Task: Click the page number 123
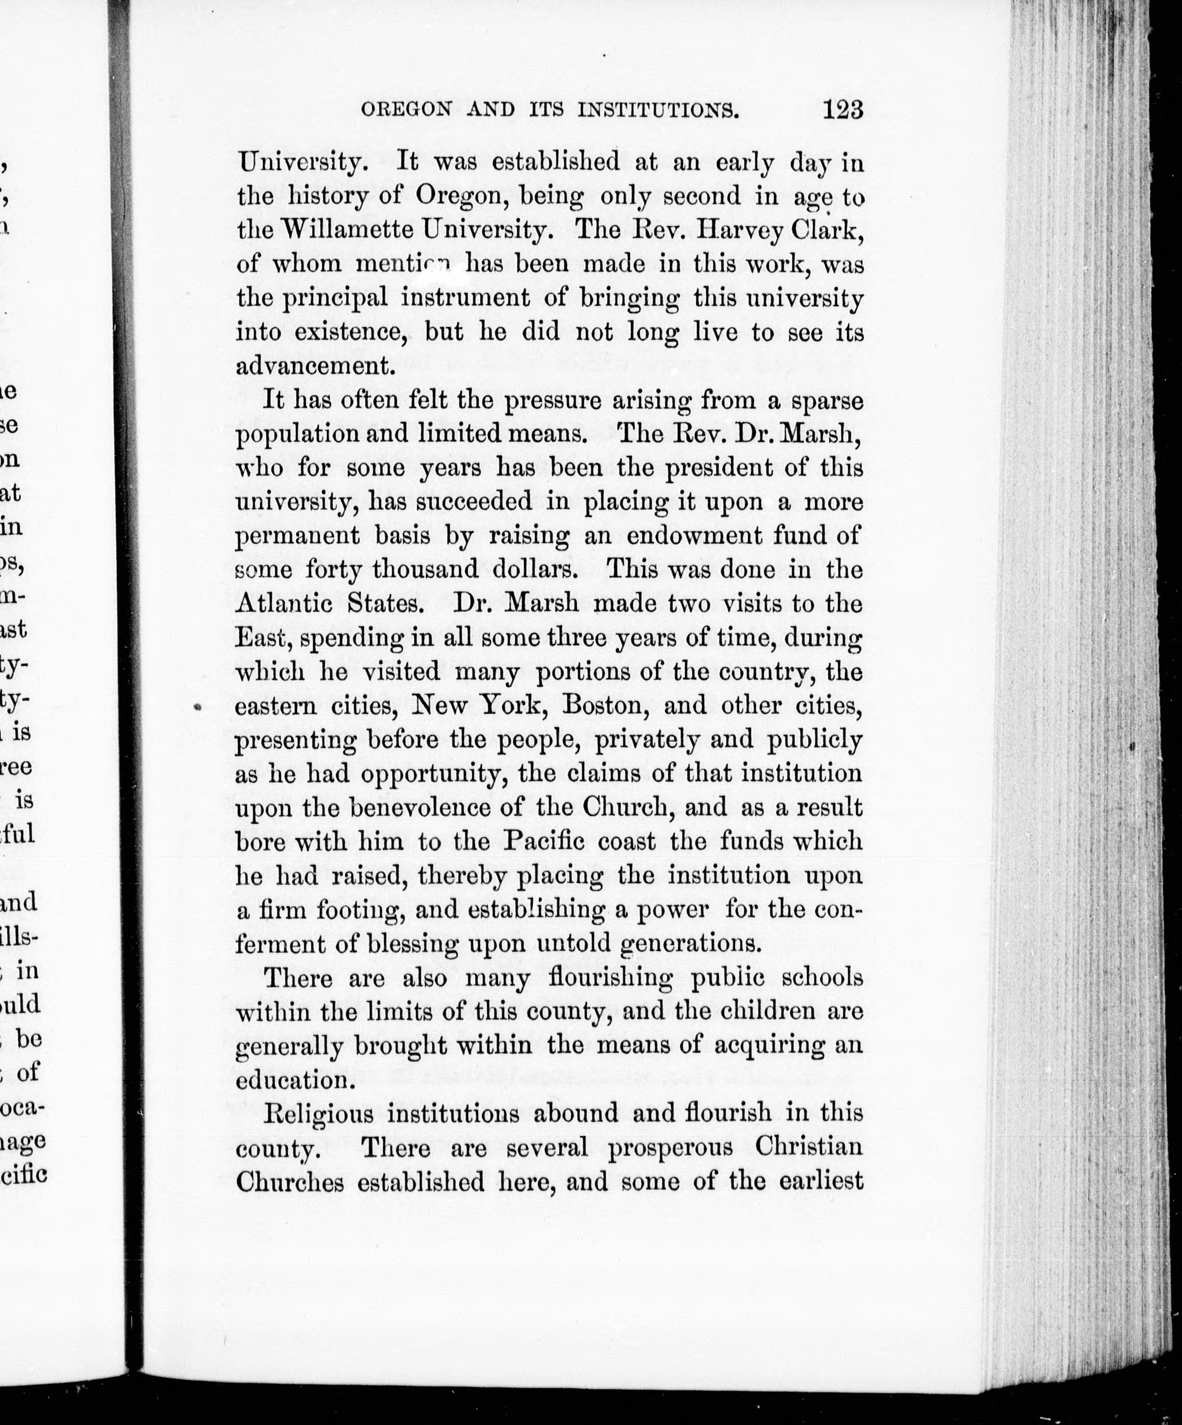coord(843,109)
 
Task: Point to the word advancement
coord(315,366)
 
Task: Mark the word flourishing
coord(609,978)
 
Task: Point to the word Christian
coord(809,1147)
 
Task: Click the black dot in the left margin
coord(197,707)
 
